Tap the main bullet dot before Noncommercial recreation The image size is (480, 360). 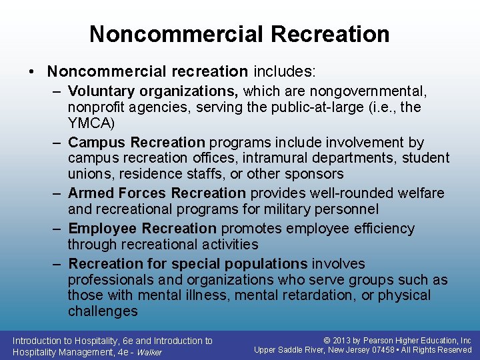(33, 71)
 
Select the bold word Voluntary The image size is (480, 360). (96, 90)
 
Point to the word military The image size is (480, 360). (286, 209)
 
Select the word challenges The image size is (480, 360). (102, 311)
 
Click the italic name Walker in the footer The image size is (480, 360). (149, 352)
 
